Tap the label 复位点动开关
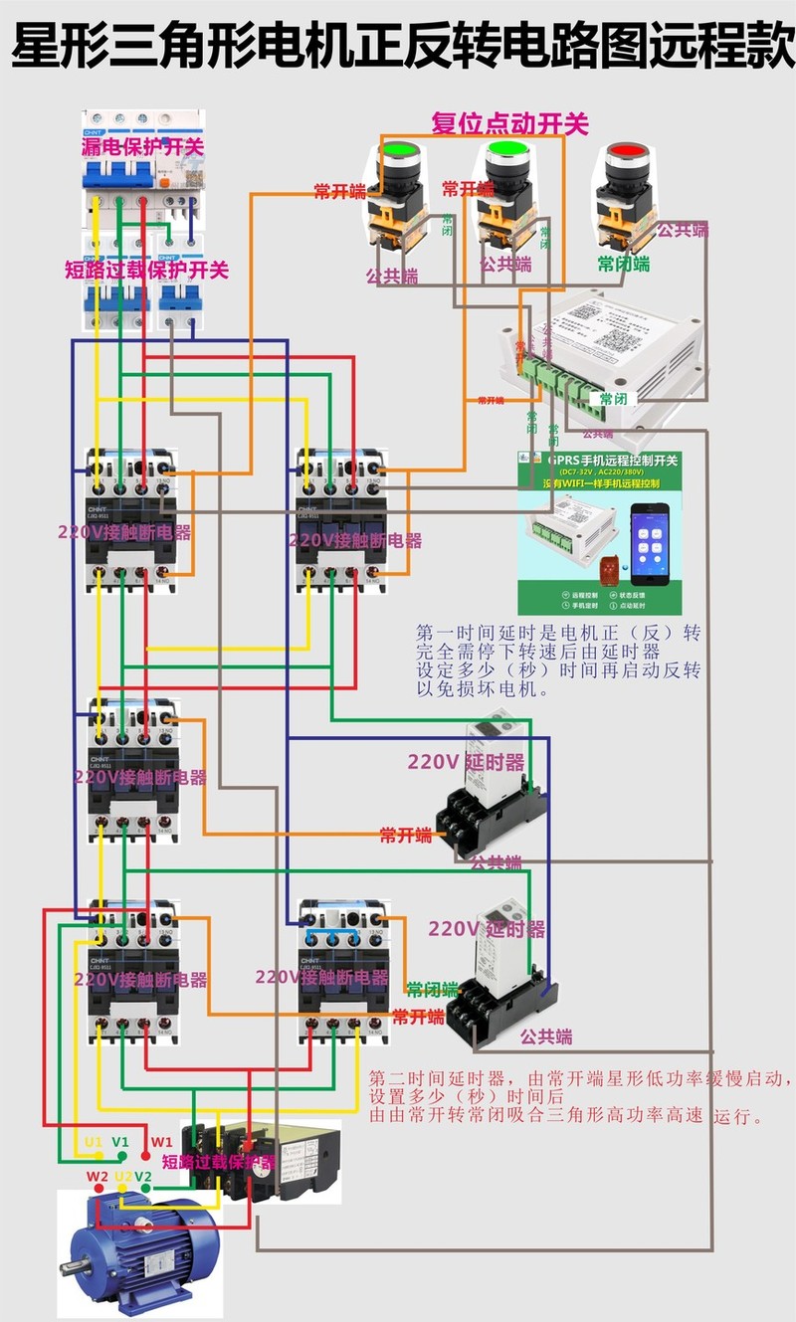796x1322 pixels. coord(509,123)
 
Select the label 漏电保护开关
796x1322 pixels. coord(142,147)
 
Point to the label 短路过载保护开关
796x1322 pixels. coord(146,270)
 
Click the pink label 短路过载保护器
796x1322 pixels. coord(218,1161)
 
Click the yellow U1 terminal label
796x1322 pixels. coord(94,1142)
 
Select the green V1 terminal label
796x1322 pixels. coord(120,1142)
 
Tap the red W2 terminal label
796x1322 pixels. coord(97,1177)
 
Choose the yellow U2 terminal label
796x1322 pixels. coord(123,1177)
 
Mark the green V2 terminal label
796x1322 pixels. coord(144,1177)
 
